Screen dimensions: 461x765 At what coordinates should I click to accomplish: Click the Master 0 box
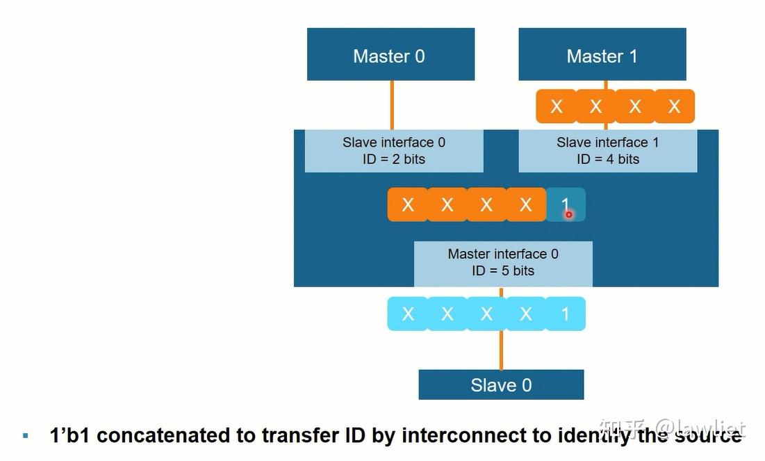pos(390,55)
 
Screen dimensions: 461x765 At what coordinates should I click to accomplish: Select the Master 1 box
pos(602,55)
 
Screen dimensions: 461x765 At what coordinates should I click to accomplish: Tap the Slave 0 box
pos(501,385)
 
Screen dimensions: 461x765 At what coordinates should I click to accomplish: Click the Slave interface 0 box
pos(394,151)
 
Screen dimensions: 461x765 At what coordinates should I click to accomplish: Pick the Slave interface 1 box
pos(607,151)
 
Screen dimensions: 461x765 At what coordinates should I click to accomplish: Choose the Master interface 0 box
pos(503,263)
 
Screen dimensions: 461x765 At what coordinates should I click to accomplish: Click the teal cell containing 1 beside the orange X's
pos(566,204)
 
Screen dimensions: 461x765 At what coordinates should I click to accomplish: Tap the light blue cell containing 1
pos(566,314)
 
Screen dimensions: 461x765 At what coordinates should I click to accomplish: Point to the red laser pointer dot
pos(568,214)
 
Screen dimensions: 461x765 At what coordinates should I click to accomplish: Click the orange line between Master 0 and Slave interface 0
pos(392,104)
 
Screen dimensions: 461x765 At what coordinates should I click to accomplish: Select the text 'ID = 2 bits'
pos(394,159)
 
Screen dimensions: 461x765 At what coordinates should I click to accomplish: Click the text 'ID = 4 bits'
pos(607,159)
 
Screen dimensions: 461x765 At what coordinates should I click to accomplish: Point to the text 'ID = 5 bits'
pos(503,270)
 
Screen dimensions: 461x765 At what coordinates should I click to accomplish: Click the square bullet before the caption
pos(26,436)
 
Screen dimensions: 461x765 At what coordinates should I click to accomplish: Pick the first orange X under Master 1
pos(556,106)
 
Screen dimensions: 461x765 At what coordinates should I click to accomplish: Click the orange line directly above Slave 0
pos(501,350)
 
